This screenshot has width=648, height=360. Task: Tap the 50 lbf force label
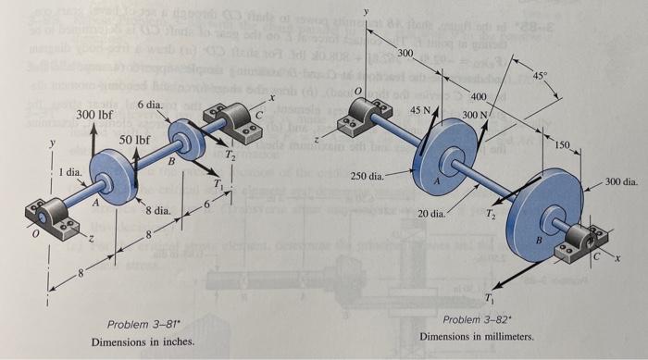(x=135, y=140)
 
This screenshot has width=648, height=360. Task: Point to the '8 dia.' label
(x=156, y=212)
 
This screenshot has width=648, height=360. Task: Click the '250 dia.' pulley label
(x=368, y=175)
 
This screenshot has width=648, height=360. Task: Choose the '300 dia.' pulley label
(x=619, y=182)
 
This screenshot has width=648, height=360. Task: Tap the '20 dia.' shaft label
(x=431, y=214)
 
